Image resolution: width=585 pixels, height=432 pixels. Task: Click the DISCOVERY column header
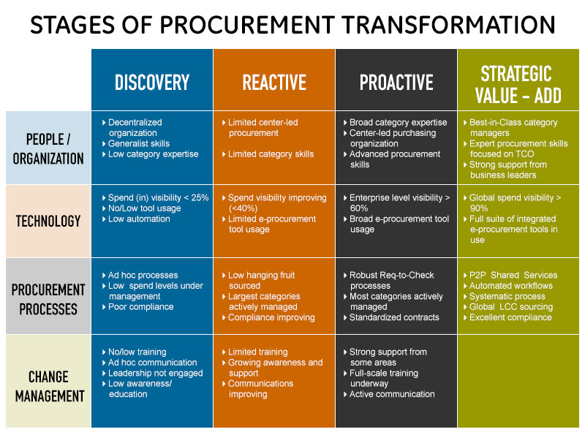coord(152,83)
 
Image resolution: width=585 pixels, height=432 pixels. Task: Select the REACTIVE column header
coord(274,83)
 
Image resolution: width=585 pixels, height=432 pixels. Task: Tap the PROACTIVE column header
coord(396,83)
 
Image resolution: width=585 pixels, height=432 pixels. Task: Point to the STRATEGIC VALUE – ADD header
coord(518,85)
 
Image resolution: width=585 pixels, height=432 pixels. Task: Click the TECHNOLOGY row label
coord(48,221)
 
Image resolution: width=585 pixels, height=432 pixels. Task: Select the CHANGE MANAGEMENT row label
coord(49,387)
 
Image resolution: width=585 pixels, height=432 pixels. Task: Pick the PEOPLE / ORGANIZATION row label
coord(48,149)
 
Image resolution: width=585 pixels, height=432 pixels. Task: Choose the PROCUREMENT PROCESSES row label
coord(48,299)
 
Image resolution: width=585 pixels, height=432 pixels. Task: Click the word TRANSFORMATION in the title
coord(448,25)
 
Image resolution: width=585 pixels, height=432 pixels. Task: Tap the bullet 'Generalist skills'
coord(139,143)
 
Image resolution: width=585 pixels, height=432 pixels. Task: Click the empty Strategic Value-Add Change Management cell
coord(518,381)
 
